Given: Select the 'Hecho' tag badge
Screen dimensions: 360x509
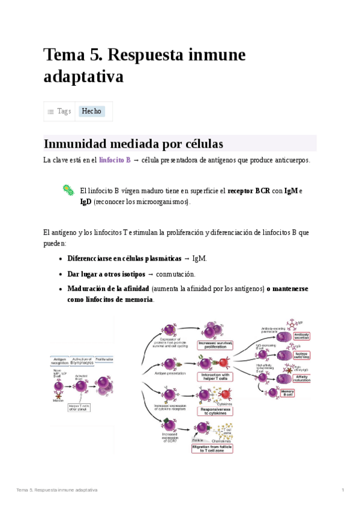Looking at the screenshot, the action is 92,111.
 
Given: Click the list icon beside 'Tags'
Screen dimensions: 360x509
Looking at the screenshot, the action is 51,112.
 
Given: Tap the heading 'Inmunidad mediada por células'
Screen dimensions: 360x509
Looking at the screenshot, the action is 133,144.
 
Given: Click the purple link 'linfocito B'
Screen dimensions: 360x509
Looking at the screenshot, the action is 115,160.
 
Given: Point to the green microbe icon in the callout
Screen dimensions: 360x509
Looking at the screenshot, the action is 68,190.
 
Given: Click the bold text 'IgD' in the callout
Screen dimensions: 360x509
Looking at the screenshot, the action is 86,202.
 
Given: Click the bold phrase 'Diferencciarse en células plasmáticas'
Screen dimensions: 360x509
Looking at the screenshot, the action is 124,258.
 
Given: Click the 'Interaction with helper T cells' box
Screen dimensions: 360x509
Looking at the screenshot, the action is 215,377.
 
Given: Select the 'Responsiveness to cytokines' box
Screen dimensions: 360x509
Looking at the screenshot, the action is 214,411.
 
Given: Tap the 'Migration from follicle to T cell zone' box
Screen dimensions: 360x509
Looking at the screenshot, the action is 212,448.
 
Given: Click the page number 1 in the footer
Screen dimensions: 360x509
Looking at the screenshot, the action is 343,490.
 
